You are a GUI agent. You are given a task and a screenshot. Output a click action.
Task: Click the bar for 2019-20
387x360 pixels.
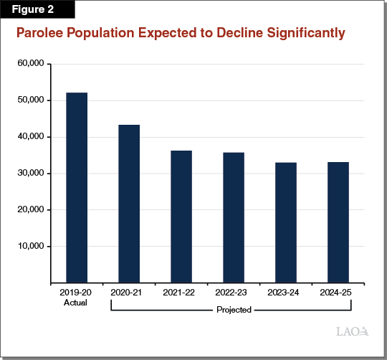[77, 188]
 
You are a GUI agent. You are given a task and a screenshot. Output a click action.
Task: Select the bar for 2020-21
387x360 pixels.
[129, 204]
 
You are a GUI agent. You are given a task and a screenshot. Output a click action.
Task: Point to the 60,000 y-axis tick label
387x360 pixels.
[30, 64]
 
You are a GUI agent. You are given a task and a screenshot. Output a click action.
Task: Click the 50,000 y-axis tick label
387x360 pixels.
[30, 100]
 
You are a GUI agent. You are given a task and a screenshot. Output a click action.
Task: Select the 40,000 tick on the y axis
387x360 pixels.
[30, 137]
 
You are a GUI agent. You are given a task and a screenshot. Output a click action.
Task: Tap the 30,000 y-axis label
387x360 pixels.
[30, 174]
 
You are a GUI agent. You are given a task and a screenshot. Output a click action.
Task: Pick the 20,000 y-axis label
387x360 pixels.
[30, 210]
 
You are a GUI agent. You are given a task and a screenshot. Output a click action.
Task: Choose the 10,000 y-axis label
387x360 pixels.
[30, 247]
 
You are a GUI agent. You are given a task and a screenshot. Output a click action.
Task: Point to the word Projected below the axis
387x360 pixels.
[234, 311]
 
